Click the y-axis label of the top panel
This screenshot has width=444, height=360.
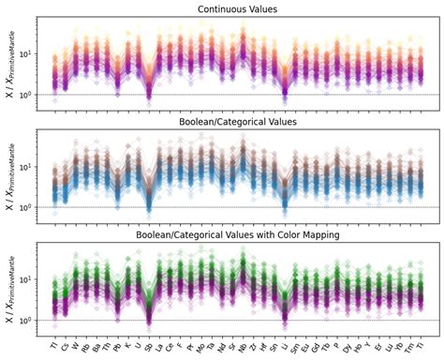(x=11, y=63)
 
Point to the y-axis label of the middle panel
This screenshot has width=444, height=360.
(x=11, y=176)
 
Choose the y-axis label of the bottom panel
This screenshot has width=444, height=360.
(x=11, y=289)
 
